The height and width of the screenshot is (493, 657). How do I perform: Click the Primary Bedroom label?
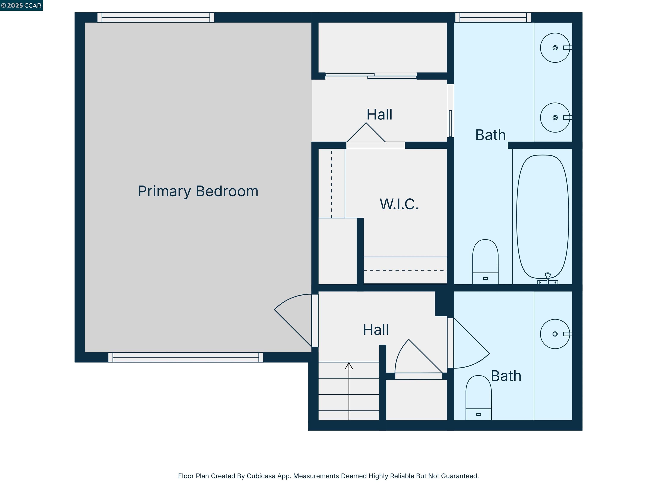pos(198,191)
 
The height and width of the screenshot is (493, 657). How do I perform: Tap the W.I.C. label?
pos(399,204)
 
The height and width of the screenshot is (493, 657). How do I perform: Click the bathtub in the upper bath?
pos(542,217)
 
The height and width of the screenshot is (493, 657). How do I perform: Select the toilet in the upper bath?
pos(485,261)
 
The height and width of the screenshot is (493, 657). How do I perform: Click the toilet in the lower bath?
pos(478,398)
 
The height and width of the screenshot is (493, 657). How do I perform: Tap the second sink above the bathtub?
pos(555,117)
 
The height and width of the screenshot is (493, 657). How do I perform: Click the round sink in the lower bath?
pos(555,334)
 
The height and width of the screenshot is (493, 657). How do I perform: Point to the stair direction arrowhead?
pos(349,366)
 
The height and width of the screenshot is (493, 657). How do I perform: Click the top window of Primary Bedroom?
pos(156,17)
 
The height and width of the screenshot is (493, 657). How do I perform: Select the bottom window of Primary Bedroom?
pos(186,357)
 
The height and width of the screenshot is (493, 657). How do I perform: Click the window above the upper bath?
pos(493,17)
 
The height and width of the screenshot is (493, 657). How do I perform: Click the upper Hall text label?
pos(379,114)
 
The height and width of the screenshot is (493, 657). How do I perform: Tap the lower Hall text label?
pos(376,330)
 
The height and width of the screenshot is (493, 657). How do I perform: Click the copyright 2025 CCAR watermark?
pos(21,5)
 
